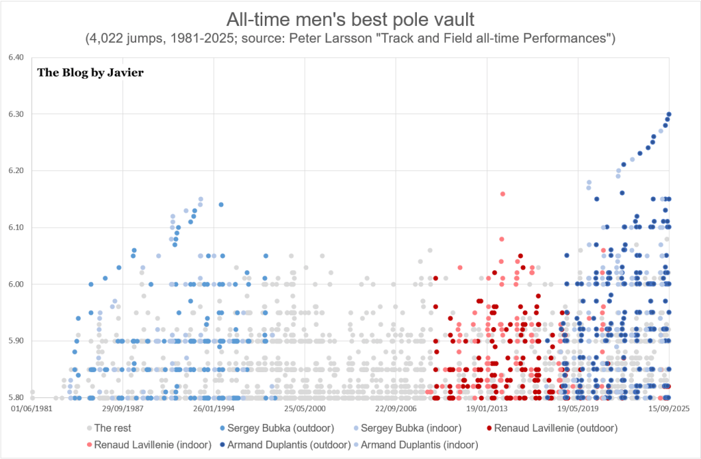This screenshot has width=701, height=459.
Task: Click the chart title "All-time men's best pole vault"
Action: (350, 16)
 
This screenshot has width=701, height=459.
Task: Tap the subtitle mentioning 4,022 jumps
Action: (350, 38)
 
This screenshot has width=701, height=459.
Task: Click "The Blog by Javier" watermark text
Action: (90, 73)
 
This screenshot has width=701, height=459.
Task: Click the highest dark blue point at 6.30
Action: (669, 114)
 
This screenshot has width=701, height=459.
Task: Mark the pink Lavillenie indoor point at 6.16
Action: (502, 194)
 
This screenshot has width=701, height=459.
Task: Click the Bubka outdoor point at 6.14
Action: (221, 205)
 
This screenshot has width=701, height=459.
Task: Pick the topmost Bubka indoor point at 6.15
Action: (201, 199)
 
